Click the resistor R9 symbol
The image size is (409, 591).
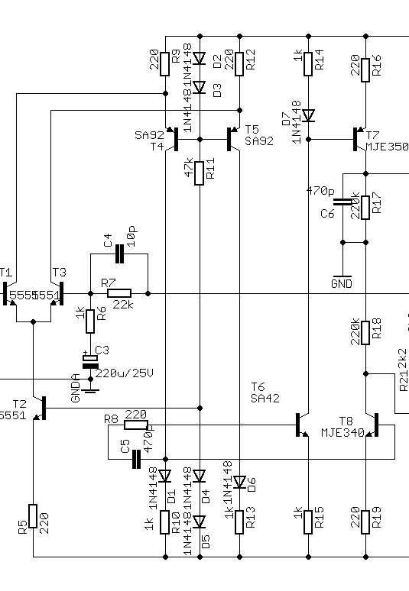pos(165,62)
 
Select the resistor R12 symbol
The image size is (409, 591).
pos(240,62)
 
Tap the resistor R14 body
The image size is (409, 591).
pos(308,62)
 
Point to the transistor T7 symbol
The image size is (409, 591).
pos(360,139)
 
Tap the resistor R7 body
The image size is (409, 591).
pos(118,292)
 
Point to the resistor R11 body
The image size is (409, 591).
pos(200,173)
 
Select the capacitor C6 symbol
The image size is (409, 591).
pos(343,202)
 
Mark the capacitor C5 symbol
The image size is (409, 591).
pos(137,458)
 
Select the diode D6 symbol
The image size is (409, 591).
pos(240,482)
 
